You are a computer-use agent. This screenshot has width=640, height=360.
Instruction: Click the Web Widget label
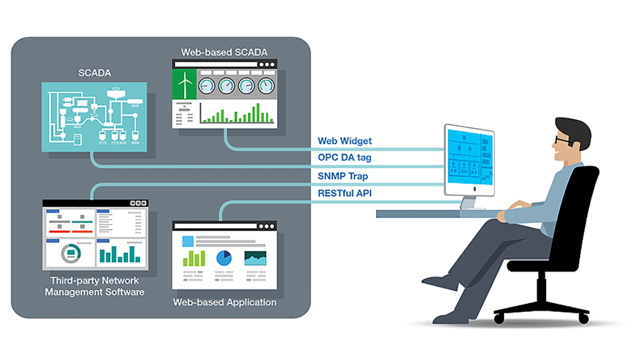point(344,141)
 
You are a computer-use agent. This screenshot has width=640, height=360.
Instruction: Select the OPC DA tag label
point(344,157)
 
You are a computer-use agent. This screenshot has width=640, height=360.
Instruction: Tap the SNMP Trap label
point(343,176)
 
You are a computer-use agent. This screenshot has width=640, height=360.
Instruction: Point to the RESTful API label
point(344,193)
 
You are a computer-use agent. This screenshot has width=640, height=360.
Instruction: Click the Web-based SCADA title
point(224,52)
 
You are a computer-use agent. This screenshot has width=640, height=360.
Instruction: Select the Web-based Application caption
point(224,302)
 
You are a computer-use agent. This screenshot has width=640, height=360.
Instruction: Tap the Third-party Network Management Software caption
point(94,286)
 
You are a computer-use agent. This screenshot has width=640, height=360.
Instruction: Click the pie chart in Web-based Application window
point(223,258)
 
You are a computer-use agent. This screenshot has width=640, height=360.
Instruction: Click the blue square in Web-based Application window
point(187,241)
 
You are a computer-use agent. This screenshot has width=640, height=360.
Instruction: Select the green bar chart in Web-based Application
point(194,258)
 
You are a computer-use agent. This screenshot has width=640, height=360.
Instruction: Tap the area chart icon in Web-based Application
point(255,258)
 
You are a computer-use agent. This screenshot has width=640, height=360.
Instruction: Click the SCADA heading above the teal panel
point(94,73)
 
